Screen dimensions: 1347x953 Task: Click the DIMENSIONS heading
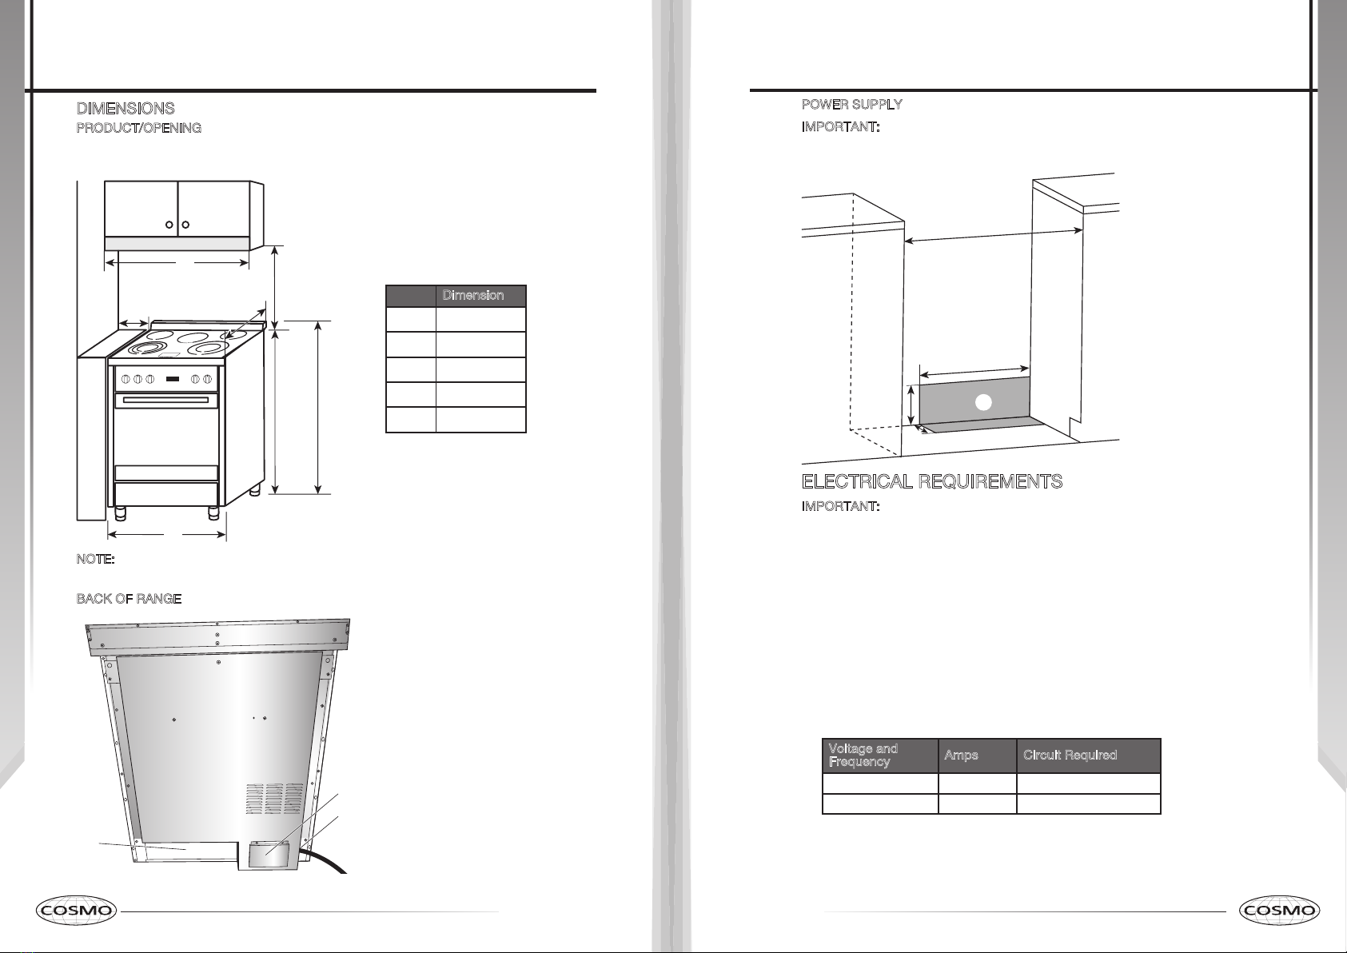(x=126, y=108)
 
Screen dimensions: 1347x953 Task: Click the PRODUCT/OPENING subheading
(x=139, y=128)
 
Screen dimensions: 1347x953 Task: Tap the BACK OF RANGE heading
(x=129, y=599)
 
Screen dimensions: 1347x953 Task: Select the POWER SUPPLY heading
(x=852, y=105)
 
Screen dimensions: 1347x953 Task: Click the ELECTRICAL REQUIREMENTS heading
(x=932, y=481)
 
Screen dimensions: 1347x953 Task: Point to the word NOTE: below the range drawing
(x=96, y=559)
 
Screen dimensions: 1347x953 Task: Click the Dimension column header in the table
(x=473, y=295)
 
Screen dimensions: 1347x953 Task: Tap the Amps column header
(x=961, y=756)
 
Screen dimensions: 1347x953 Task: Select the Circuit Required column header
(x=1070, y=756)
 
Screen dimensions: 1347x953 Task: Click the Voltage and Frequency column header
(x=863, y=756)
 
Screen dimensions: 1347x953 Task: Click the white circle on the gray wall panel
(x=983, y=402)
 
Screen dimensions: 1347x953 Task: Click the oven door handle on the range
(x=166, y=400)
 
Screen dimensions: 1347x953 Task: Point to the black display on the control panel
(x=173, y=379)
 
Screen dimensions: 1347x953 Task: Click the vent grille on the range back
(x=274, y=799)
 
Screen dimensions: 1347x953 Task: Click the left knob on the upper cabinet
(x=169, y=225)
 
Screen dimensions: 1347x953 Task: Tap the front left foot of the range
(x=120, y=513)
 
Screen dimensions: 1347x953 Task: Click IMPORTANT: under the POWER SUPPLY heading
(x=841, y=127)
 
